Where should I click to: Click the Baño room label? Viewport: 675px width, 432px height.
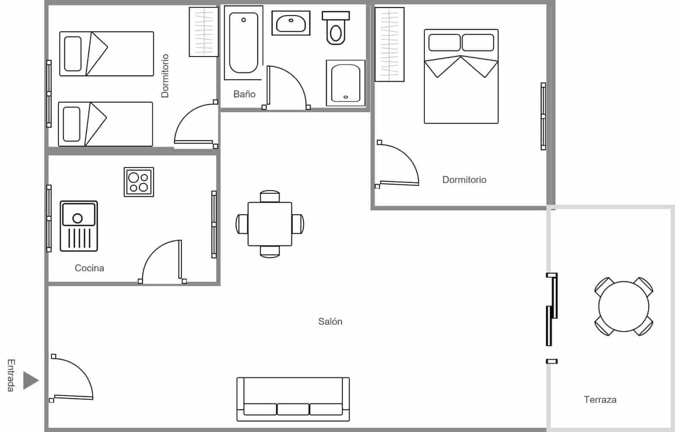click(x=244, y=94)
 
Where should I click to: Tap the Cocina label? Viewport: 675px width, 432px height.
click(x=89, y=268)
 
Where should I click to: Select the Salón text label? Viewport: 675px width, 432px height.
click(x=330, y=321)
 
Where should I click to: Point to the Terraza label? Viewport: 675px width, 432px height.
click(x=600, y=399)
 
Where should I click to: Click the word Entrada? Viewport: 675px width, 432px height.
click(x=11, y=375)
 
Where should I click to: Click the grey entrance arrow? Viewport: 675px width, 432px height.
click(x=31, y=380)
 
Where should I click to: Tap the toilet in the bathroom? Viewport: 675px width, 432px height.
click(x=336, y=28)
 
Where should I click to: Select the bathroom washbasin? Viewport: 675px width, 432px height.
click(x=291, y=23)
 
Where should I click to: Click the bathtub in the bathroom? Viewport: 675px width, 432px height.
click(x=243, y=43)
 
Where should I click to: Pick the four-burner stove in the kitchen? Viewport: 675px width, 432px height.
click(x=139, y=182)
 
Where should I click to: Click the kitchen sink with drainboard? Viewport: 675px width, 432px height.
click(x=79, y=226)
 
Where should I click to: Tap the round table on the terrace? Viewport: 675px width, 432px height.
click(x=624, y=307)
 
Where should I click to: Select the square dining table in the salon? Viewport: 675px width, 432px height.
click(x=270, y=224)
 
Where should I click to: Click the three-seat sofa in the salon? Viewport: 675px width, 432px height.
click(x=293, y=399)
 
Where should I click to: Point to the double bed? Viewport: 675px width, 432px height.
click(x=461, y=76)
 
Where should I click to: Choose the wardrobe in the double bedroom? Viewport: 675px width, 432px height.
click(x=390, y=44)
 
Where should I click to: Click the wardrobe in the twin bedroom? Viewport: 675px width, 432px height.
click(x=204, y=32)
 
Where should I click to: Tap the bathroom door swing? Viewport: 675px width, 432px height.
click(x=286, y=87)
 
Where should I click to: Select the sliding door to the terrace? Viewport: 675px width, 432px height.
click(x=552, y=309)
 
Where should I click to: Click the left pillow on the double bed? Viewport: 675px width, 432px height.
click(x=445, y=42)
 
